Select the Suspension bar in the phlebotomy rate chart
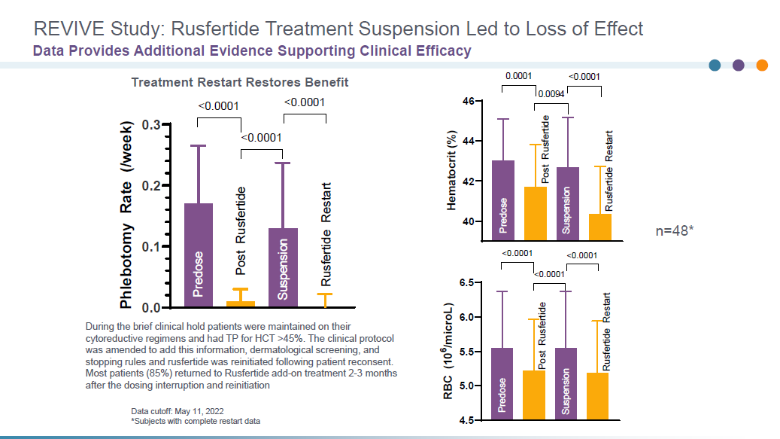pos(283,268)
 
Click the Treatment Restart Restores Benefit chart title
pos(240,82)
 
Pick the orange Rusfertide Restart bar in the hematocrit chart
pos(599,227)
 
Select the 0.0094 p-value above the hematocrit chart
pos(550,94)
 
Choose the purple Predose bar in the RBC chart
pos(502,381)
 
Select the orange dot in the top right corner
pos(762,66)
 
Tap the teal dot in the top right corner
pos(715,66)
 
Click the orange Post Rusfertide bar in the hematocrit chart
pos(536,214)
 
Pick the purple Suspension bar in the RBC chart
pos(567,381)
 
